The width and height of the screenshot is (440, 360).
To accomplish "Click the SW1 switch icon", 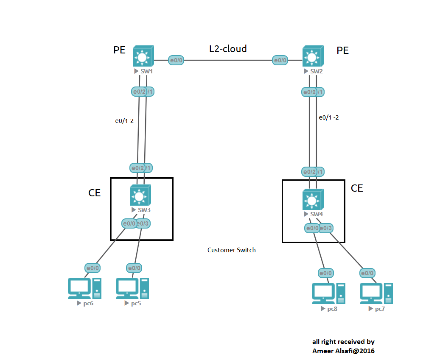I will point(143,56).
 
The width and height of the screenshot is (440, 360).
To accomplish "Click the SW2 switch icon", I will point(312,56).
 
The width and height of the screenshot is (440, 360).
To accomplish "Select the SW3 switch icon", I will point(140,195).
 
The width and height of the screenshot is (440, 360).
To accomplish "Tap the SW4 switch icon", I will point(313,199).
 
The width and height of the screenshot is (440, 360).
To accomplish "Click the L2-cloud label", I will point(228,49).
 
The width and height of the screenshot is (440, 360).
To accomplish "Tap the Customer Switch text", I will point(231,250).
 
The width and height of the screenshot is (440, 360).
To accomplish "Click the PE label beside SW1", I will point(119,50).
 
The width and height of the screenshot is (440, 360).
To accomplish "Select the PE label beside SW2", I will point(342,50).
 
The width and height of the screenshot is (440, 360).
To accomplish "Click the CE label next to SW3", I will point(95,193).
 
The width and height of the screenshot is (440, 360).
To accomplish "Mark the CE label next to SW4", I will point(357,188).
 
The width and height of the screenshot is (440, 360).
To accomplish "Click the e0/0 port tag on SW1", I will point(176,60).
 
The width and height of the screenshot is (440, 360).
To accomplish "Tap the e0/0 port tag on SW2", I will point(280,60).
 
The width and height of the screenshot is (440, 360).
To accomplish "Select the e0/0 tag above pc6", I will point(93,268).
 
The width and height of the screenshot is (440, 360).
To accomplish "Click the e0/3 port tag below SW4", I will point(326,228).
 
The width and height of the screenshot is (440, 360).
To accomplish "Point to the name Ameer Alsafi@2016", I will point(343,351).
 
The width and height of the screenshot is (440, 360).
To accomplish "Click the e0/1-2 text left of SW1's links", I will point(124,121).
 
